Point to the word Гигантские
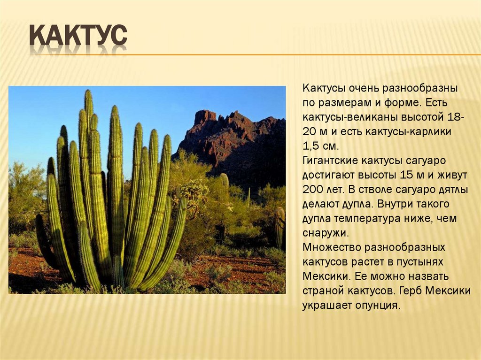(330, 161)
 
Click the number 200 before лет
(312, 190)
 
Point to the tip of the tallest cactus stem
(88, 92)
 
